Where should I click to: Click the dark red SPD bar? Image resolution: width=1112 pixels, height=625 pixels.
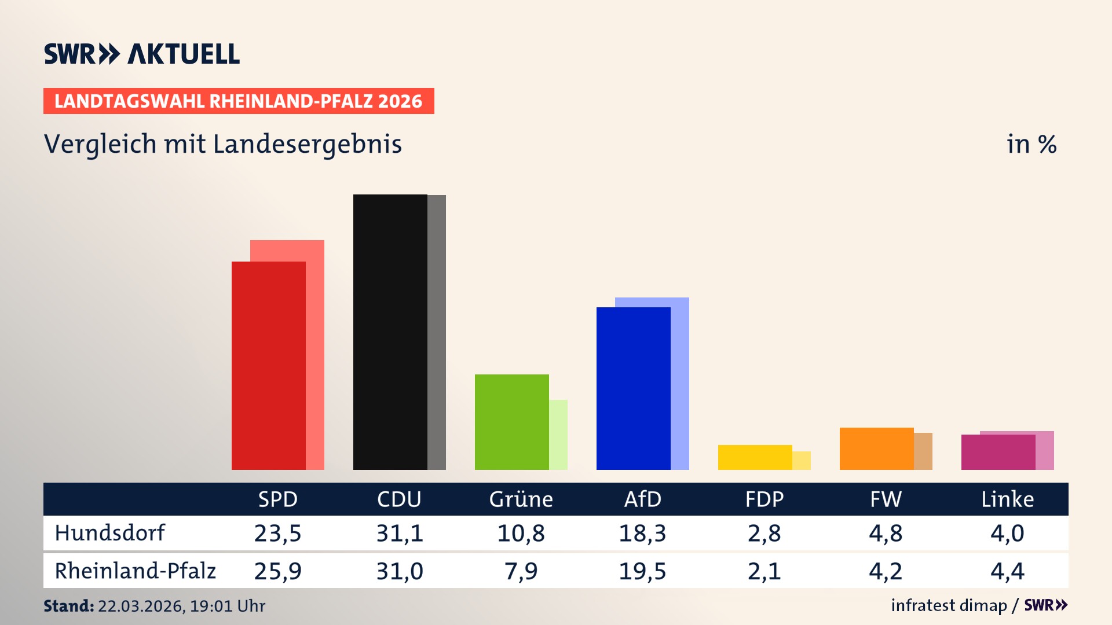click(x=269, y=366)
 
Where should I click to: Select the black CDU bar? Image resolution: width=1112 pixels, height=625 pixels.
click(x=390, y=332)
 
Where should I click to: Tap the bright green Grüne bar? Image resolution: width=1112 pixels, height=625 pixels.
click(x=512, y=422)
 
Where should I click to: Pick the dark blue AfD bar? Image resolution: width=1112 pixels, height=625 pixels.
click(x=634, y=388)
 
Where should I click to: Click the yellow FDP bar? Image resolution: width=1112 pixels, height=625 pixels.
click(x=755, y=457)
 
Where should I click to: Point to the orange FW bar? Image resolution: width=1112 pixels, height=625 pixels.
click(x=877, y=448)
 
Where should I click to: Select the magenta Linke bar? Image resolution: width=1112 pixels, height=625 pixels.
click(x=998, y=452)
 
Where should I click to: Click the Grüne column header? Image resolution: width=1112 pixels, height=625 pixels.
click(x=521, y=499)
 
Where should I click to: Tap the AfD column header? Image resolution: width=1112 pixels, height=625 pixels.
click(x=642, y=499)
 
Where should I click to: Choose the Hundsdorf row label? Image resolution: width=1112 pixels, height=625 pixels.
click(x=110, y=533)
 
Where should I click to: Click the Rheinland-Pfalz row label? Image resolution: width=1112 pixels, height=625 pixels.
click(x=135, y=571)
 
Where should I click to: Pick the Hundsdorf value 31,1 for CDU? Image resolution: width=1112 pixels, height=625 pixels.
click(x=400, y=533)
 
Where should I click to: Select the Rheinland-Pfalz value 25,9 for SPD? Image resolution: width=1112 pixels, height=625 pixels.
click(x=278, y=571)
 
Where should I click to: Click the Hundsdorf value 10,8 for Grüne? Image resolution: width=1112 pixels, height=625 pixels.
click(x=521, y=533)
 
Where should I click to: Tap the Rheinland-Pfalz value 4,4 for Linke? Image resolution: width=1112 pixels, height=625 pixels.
click(x=1007, y=571)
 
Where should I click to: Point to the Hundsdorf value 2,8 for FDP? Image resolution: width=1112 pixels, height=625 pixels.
click(x=764, y=533)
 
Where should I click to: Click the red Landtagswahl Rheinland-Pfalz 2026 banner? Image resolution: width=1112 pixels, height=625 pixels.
click(x=239, y=101)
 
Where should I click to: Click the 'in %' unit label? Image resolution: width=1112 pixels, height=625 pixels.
click(x=1031, y=144)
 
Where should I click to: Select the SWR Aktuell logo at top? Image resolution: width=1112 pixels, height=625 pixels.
click(x=142, y=54)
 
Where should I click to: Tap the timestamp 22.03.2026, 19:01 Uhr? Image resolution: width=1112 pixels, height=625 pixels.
click(x=181, y=606)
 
